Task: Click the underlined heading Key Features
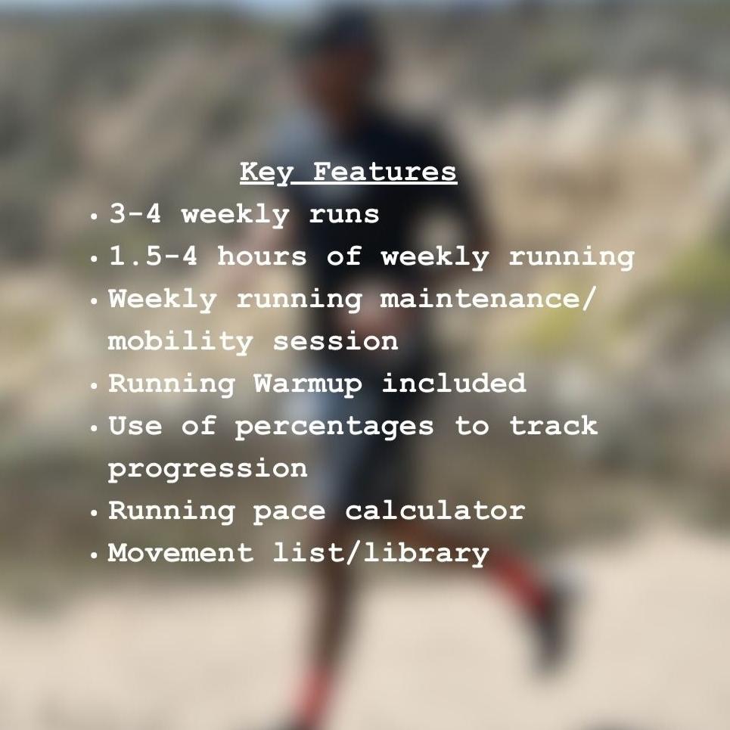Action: point(348,172)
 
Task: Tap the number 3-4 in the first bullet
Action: point(135,214)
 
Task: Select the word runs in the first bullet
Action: point(343,215)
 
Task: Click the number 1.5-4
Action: point(154,256)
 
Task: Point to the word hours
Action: point(262,256)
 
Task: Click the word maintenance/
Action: point(489,299)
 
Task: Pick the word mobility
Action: point(180,341)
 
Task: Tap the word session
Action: point(335,341)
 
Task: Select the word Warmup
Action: point(308,384)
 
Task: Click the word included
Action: point(453,384)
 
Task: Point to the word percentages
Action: point(334,427)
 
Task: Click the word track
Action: point(553,426)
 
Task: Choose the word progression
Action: point(207,470)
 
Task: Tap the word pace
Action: point(289,512)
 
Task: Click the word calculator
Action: point(434,511)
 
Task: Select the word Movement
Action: point(181,553)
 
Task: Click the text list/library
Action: point(381,554)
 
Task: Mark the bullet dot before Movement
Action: point(94,555)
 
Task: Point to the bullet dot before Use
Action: point(94,428)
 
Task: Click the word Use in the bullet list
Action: point(135,426)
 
